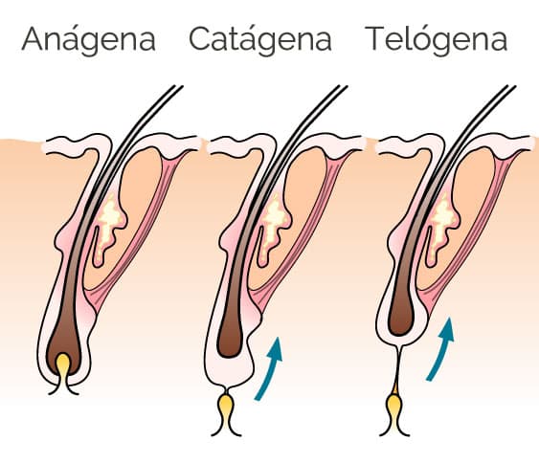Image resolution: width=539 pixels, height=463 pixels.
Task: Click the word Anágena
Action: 89,40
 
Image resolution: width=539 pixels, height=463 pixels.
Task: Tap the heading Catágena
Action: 260,40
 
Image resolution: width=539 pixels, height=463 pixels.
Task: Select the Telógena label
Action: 437,40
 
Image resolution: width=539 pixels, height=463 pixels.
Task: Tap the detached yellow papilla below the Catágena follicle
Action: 226,408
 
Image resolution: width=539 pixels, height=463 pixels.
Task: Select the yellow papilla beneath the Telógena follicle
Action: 394,408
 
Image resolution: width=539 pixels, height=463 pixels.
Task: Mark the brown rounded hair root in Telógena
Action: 401,313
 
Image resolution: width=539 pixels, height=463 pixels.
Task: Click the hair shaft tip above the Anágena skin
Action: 178,86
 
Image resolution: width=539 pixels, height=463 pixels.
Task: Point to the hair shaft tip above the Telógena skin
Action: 511,86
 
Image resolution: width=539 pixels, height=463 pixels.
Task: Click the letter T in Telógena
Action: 378,38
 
